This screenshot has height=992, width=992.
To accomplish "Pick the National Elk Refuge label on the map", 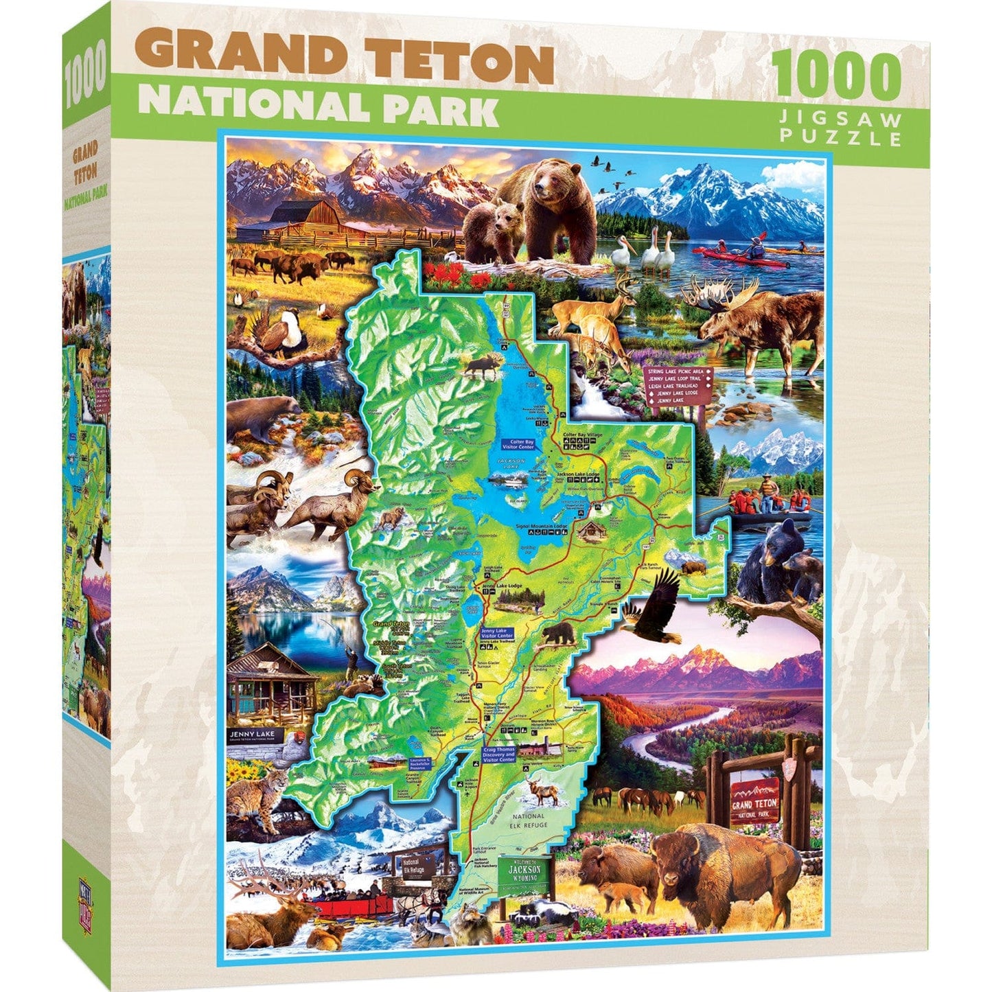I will coord(529,820).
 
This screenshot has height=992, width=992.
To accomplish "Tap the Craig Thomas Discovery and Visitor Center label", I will coord(498,754).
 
